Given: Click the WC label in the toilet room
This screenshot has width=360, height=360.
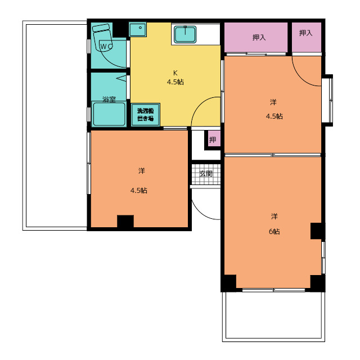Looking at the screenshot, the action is [106, 47].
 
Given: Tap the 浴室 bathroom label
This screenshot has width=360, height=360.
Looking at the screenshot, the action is [109, 100].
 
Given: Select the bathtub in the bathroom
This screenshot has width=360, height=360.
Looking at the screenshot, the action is [109, 114].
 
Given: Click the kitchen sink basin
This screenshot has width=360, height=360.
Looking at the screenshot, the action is [185, 34].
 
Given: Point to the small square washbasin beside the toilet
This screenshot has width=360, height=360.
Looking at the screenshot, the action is [137, 29].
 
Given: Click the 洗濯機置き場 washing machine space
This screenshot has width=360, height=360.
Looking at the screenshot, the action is [146, 115].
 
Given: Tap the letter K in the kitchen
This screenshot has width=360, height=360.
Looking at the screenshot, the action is [175, 73].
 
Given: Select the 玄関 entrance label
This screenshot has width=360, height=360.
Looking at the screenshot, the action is [206, 174].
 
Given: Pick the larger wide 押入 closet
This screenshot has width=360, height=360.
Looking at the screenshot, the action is [256, 37].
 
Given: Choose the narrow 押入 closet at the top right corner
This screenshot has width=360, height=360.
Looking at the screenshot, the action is [307, 37].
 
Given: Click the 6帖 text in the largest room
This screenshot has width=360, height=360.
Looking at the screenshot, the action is [274, 232].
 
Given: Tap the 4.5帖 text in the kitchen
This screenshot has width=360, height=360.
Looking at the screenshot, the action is [175, 82].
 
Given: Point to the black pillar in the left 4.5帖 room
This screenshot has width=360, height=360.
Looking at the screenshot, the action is [125, 221].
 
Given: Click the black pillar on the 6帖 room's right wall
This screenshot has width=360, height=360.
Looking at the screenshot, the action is [317, 231].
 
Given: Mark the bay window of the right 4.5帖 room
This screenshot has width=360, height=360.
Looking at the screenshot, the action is [327, 100].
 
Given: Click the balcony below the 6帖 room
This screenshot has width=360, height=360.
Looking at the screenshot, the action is [273, 316].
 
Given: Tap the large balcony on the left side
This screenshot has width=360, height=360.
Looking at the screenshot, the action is [55, 125].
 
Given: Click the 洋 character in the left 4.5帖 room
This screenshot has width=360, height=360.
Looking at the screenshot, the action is [142, 171].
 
